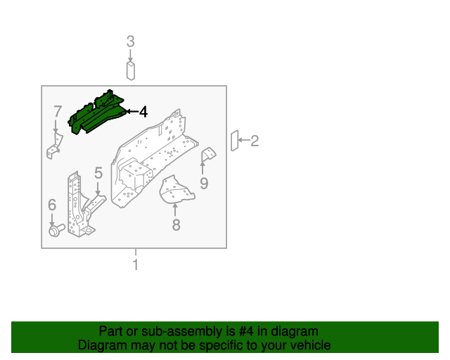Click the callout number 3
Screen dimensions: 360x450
point(130,41)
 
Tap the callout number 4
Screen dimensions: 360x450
point(143,112)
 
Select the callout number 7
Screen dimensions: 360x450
point(57,112)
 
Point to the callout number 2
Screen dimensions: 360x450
point(255,141)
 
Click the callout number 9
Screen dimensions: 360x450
point(204,184)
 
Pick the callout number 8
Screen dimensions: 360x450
point(176,224)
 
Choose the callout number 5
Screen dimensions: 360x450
point(98,173)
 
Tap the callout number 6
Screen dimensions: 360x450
point(51,205)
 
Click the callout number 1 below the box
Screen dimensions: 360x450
point(135,264)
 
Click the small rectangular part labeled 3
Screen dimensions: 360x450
point(130,70)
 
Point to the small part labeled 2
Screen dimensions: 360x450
point(236,141)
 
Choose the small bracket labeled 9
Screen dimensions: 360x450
point(209,156)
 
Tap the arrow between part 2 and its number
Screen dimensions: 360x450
point(245,141)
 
